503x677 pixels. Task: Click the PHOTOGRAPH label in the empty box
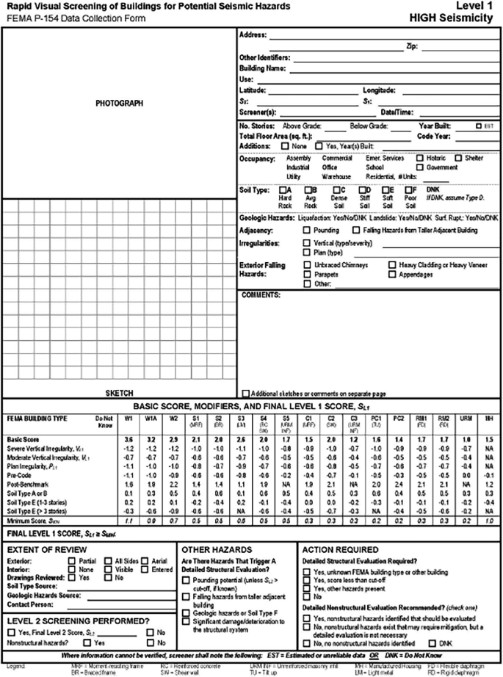(119, 103)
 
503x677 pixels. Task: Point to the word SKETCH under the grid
(119, 393)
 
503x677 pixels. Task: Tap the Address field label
(254, 35)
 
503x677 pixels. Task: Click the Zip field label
(412, 46)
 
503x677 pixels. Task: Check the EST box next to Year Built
(479, 126)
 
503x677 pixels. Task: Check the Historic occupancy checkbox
(420, 157)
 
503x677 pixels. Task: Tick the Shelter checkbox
(458, 157)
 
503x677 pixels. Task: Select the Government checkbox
(420, 167)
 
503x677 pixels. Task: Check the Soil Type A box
(283, 189)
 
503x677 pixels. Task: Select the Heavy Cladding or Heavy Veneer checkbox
(392, 264)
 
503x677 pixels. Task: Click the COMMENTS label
(261, 295)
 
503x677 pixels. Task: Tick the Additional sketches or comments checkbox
(245, 393)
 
